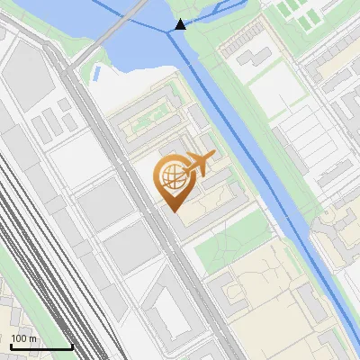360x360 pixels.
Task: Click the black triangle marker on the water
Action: pyautogui.click(x=181, y=24)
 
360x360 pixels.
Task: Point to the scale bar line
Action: pyautogui.click(x=40, y=346)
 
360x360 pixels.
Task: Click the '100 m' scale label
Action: pyautogui.click(x=24, y=338)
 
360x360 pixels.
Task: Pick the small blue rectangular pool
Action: pyautogui.click(x=95, y=71)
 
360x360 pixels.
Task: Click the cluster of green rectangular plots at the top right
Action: pyautogui.click(x=301, y=13)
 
